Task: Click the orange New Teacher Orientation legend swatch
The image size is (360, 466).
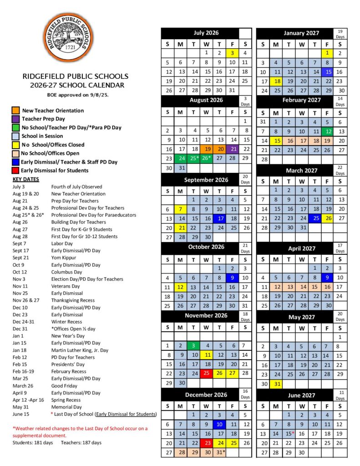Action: coord(15,110)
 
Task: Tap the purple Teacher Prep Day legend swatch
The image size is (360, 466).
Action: coord(15,119)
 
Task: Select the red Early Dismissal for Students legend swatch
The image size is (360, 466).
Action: coord(15,170)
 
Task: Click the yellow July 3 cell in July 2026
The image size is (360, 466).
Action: coord(232,53)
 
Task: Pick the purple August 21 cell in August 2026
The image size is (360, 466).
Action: coord(232,149)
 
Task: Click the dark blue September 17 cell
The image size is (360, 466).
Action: coord(219,218)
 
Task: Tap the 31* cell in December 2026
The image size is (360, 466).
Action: coord(220,452)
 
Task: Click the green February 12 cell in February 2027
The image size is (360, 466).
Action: coord(327,132)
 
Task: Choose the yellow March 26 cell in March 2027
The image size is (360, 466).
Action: coord(327,218)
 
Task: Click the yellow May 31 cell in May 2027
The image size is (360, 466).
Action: coord(276,384)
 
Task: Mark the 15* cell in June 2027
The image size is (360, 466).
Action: coord(289,434)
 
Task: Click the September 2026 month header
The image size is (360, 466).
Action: coord(206,180)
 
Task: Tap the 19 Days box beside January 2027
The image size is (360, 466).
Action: coord(340,33)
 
